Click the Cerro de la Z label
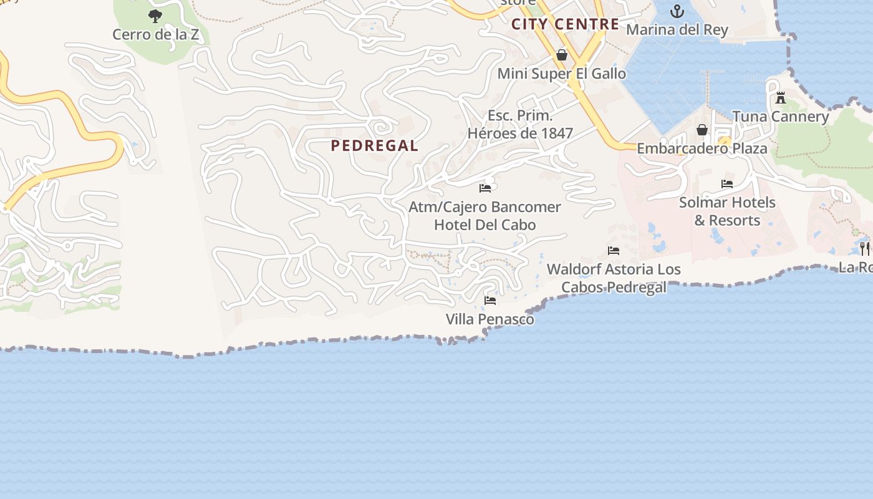tap(155, 34)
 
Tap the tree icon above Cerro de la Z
tap(155, 16)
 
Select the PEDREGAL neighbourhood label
tap(374, 146)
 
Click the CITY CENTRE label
tap(565, 24)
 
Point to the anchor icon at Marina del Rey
tap(677, 11)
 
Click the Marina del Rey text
tap(677, 29)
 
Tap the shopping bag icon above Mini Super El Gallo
tap(562, 55)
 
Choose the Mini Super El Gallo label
tap(561, 74)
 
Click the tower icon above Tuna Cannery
tap(780, 97)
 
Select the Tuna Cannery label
tap(780, 117)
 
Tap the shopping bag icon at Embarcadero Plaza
tap(702, 130)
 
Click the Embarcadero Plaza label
tap(702, 149)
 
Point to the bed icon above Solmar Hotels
tap(727, 184)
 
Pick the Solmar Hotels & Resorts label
tap(727, 211)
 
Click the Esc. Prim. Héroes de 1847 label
tap(520, 124)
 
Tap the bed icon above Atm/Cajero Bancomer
tap(485, 188)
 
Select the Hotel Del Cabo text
tap(485, 225)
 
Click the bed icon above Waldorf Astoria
tap(614, 251)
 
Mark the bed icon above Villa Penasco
tap(490, 301)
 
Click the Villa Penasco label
tap(490, 319)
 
